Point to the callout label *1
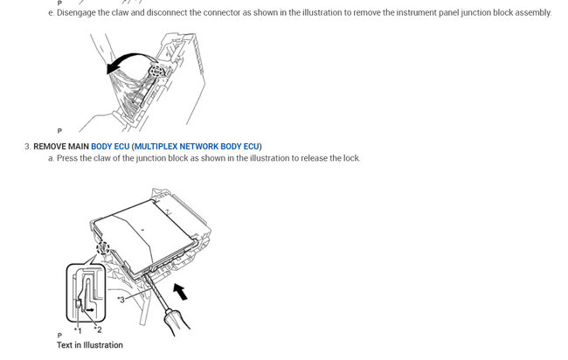pos(78,329)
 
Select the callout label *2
pos(98,329)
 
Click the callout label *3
pos(122,300)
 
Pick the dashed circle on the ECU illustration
pos(103,248)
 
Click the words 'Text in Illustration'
pos(89,345)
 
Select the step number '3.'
pos(27,145)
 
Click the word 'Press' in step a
pos(67,158)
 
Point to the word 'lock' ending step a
pos(351,158)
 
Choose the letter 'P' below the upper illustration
pos(59,130)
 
